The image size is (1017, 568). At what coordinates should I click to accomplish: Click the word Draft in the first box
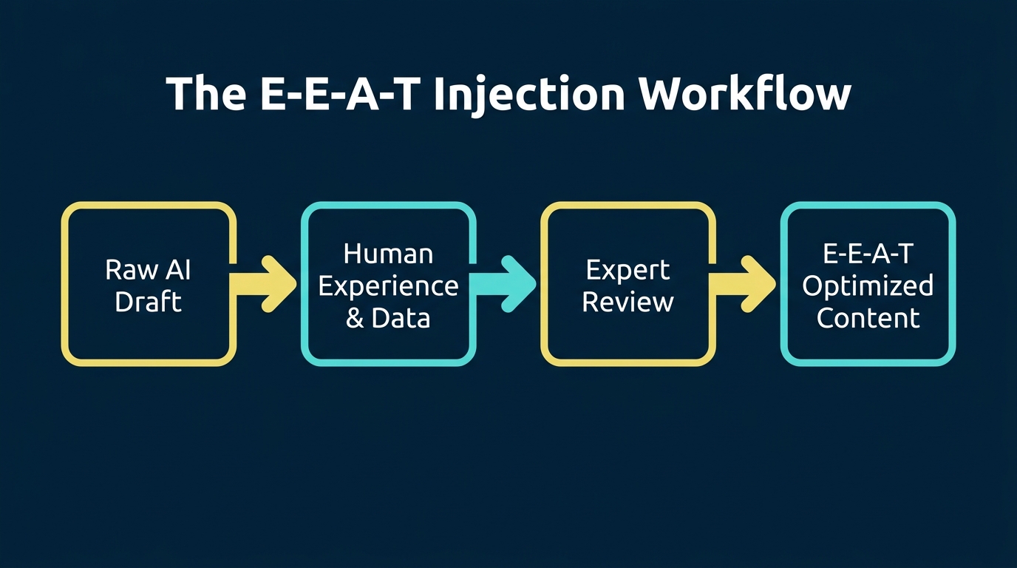click(x=149, y=302)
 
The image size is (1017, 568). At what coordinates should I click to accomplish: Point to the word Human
click(x=388, y=254)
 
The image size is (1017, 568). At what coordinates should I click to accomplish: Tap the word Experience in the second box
click(x=388, y=286)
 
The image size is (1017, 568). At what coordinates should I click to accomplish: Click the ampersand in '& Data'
click(x=356, y=318)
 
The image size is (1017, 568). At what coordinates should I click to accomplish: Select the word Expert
click(x=627, y=270)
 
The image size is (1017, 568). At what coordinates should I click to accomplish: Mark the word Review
click(x=627, y=302)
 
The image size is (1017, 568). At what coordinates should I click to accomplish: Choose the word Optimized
click(x=868, y=286)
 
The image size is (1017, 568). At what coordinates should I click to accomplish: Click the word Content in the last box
click(x=868, y=318)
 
